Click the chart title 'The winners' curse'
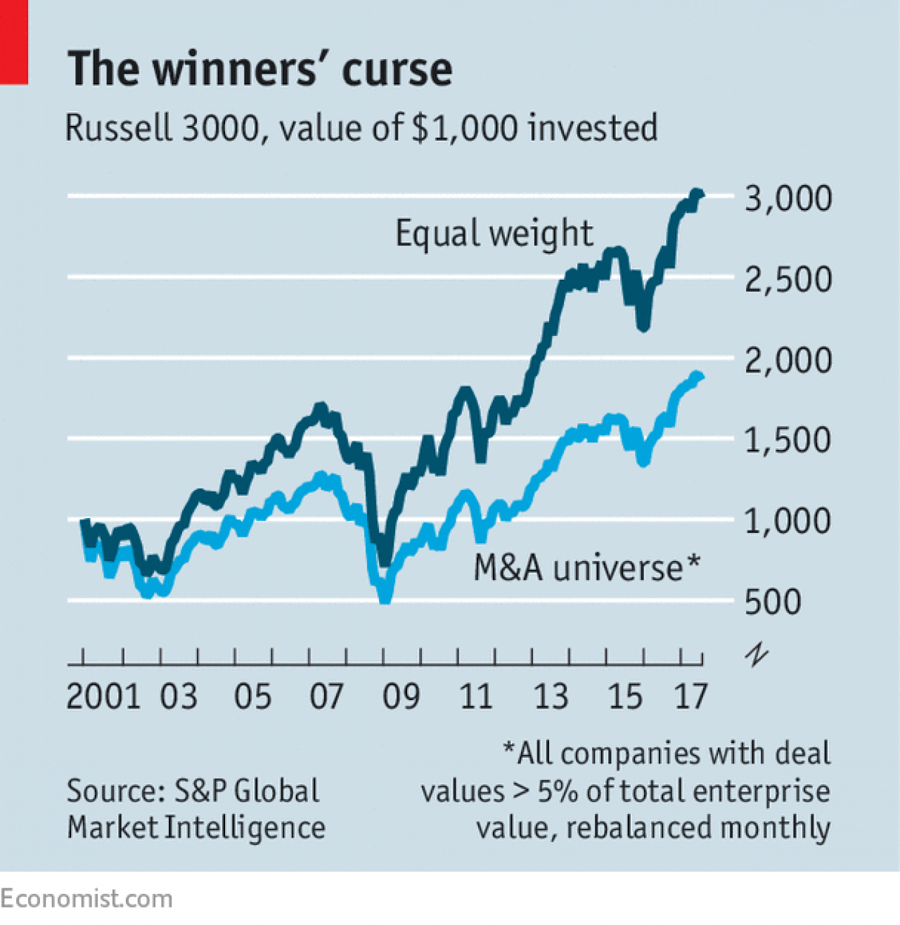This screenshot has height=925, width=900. (x=259, y=69)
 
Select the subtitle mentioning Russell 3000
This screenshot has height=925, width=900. (x=361, y=128)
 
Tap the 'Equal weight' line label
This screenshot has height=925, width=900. (x=494, y=233)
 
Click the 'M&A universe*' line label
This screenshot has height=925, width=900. (x=586, y=567)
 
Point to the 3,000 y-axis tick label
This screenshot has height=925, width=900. (x=787, y=199)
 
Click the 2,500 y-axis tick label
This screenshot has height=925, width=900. (x=787, y=280)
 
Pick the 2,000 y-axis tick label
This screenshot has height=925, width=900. (x=787, y=361)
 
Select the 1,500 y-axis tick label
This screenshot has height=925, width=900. (x=787, y=441)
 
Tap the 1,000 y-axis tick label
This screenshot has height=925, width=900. (x=787, y=522)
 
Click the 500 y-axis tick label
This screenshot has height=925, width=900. (x=773, y=602)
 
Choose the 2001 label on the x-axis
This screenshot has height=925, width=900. (x=103, y=697)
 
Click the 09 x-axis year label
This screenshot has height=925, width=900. (x=401, y=697)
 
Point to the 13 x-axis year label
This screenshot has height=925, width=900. (x=551, y=697)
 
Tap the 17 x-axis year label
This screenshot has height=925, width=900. (x=690, y=697)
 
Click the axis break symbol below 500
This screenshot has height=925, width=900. (x=757, y=655)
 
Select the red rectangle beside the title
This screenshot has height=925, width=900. (x=13, y=42)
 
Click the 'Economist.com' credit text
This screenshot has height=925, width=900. (x=86, y=898)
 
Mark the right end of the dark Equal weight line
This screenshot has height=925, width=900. (x=700, y=194)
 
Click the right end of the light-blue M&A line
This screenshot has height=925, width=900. (x=699, y=377)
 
